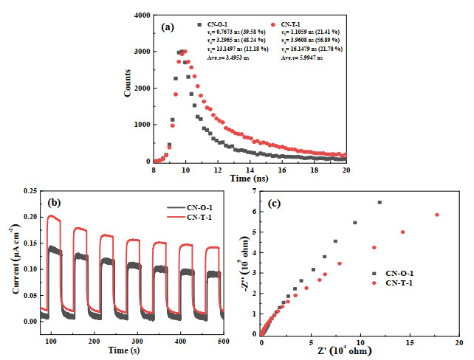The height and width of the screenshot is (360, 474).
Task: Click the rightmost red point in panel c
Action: [x=437, y=215]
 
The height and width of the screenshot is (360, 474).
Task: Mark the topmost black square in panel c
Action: [x=379, y=202]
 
